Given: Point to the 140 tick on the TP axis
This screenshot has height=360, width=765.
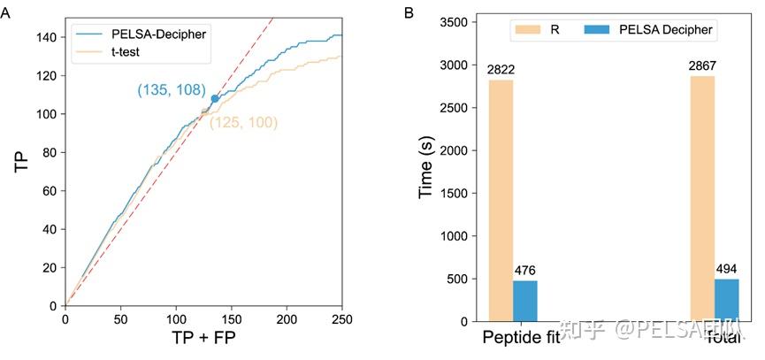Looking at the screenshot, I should (47, 37).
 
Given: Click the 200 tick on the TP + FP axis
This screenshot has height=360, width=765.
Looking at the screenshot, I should (287, 318).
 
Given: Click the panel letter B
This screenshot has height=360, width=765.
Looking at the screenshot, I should (408, 12).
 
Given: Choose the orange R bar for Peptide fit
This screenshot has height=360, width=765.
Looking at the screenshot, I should (501, 200).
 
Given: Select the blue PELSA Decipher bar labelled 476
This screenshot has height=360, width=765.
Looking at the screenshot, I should (525, 300).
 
